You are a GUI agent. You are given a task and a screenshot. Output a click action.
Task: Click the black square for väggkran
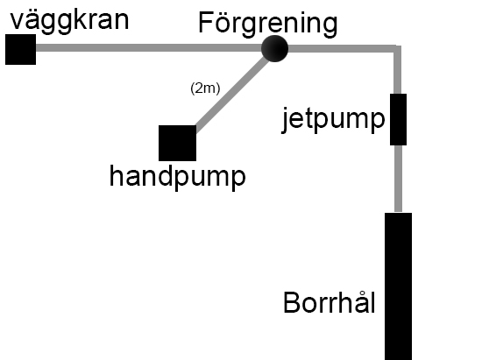[x=21, y=49]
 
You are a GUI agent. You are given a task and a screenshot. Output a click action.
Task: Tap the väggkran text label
[x=70, y=21]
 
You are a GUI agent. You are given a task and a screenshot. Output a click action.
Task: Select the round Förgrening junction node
[x=274, y=48]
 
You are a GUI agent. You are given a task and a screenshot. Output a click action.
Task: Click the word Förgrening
[x=268, y=25]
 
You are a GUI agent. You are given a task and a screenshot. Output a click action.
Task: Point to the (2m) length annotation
[x=205, y=88]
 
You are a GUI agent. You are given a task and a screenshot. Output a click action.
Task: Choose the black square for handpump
[x=177, y=143]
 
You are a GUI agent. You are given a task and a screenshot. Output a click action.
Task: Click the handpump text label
[x=178, y=177]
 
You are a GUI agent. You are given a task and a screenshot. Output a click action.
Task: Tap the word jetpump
[x=334, y=120]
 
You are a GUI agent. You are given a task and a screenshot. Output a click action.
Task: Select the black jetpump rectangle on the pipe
[x=398, y=119]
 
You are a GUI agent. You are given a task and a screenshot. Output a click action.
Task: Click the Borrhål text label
[x=330, y=302]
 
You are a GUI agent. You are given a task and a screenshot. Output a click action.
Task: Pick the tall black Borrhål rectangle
[x=398, y=286]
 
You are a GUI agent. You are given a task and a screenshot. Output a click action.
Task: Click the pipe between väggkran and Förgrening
[x=149, y=48]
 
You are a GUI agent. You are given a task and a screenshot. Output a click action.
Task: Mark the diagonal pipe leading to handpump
[x=232, y=95]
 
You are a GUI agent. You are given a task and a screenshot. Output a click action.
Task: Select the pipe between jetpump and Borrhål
[x=398, y=179]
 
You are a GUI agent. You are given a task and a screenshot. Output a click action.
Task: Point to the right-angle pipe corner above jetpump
[x=398, y=49]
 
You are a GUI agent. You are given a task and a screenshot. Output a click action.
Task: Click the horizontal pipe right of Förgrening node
[x=341, y=48]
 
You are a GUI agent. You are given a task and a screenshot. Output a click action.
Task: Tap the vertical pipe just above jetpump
[x=398, y=73]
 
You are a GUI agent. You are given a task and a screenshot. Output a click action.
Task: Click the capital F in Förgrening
[x=205, y=23]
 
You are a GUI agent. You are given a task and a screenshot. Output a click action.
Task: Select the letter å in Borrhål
[x=359, y=302]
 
